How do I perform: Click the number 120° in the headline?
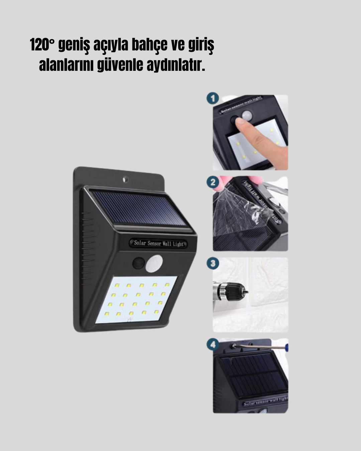pyautogui.click(x=42, y=45)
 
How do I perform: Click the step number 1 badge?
pyautogui.click(x=213, y=99)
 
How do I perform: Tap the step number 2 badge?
pyautogui.click(x=213, y=183)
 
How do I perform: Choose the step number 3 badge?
pyautogui.click(x=213, y=263)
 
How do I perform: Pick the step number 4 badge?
pyautogui.click(x=213, y=344)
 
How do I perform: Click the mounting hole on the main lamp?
pyautogui.click(x=125, y=179)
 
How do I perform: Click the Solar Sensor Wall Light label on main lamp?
pyautogui.click(x=158, y=243)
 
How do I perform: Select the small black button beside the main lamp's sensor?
pyautogui.click(x=138, y=263)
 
